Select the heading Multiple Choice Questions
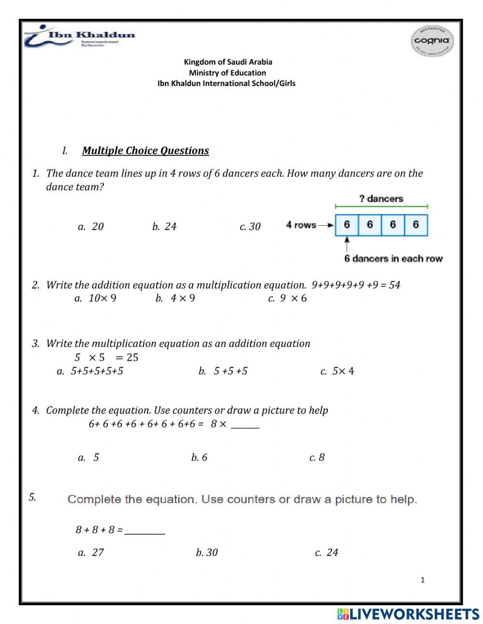click(145, 151)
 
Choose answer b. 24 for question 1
click(164, 227)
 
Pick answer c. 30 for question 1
click(250, 227)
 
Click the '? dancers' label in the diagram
click(381, 199)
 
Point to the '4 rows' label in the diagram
click(301, 225)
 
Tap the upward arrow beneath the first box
click(347, 244)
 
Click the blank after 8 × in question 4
click(245, 425)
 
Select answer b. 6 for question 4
click(199, 457)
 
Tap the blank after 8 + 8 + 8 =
click(144, 531)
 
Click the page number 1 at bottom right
click(423, 580)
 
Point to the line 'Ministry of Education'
click(227, 73)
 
